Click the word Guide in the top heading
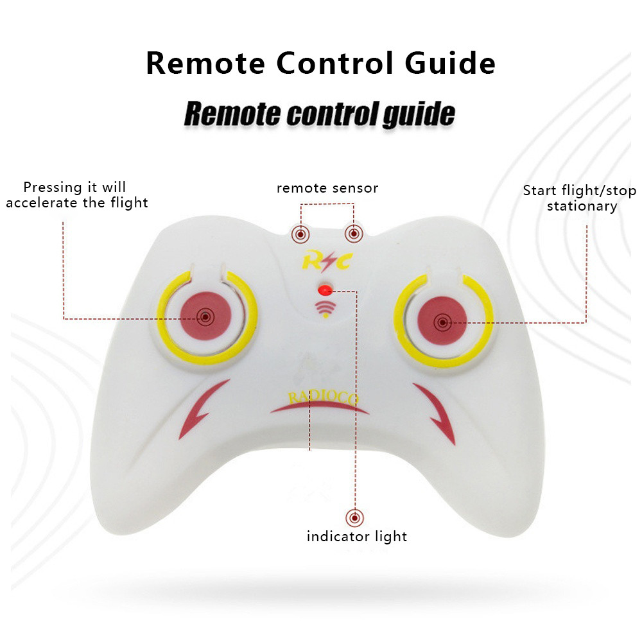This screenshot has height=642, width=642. coord(450,63)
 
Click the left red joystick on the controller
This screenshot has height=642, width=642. coord(206,316)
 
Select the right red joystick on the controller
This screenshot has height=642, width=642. coord(442,321)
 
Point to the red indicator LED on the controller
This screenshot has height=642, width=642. coord(325,290)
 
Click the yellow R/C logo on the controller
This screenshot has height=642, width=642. coord(327,261)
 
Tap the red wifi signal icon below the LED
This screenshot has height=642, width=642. coord(325,309)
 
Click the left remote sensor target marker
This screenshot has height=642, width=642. coord(300,234)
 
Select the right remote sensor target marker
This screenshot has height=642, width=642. coord(354,234)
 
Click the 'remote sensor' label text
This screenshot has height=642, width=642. coord(327,188)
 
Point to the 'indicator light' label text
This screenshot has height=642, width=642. coord(357,536)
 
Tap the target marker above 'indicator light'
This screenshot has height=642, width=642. coord(354,518)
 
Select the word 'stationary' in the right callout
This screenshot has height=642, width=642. coord(582,206)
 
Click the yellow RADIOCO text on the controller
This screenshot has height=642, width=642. coord(323,398)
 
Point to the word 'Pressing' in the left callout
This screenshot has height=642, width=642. coord(53,187)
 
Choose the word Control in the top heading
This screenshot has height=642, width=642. coord(334,63)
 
